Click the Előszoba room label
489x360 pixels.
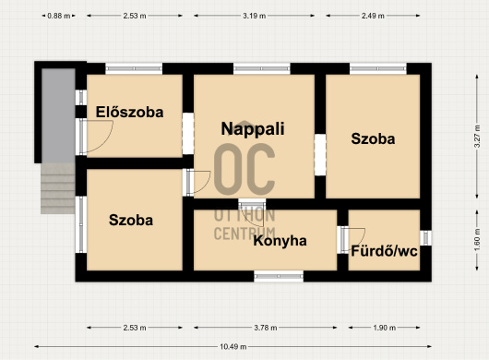129,112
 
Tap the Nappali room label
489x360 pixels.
253,129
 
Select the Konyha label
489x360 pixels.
280,241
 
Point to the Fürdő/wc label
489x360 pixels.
384,251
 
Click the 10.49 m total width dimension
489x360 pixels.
233,346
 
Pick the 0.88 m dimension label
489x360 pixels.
59,16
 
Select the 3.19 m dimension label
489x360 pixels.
254,16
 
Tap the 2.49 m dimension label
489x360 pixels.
373,16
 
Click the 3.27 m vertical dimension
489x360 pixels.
477,137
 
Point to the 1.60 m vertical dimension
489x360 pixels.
477,240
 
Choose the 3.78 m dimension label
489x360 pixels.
266,328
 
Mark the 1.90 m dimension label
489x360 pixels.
384,328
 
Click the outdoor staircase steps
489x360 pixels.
58,188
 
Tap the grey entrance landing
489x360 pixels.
58,115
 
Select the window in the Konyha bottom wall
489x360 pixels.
279,276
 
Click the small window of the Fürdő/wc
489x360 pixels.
425,238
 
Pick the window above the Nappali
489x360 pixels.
262,68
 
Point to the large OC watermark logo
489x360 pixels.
244,169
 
